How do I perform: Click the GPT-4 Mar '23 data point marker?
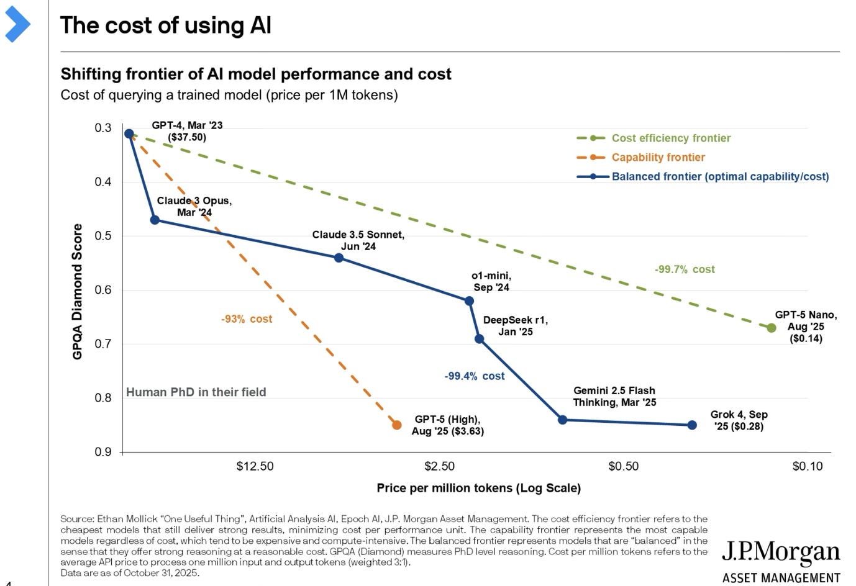pyautogui.click(x=129, y=133)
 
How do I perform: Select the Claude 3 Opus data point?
pyautogui.click(x=155, y=220)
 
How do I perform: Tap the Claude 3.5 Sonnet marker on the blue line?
pyautogui.click(x=339, y=258)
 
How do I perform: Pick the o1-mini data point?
pyautogui.click(x=469, y=301)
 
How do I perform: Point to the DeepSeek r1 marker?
pyautogui.click(x=479, y=339)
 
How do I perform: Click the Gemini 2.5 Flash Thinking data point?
pyautogui.click(x=563, y=420)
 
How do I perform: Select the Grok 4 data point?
pyautogui.click(x=692, y=425)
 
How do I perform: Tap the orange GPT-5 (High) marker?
pyautogui.click(x=397, y=425)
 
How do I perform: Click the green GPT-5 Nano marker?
pyautogui.click(x=772, y=328)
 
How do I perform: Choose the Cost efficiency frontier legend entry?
pyautogui.click(x=670, y=138)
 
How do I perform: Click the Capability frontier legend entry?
pyautogui.click(x=658, y=158)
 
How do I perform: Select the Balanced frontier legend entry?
pyautogui.click(x=719, y=177)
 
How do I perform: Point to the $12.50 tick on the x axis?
pyautogui.click(x=255, y=466)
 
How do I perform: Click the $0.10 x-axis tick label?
pyautogui.click(x=807, y=466)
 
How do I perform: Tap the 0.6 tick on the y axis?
pyautogui.click(x=103, y=290)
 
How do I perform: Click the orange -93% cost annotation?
pyautogui.click(x=247, y=319)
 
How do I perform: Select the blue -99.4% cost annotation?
pyautogui.click(x=475, y=376)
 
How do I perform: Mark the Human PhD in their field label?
pyautogui.click(x=196, y=392)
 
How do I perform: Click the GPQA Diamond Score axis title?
pyautogui.click(x=78, y=291)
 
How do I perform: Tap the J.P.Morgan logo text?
pyautogui.click(x=781, y=552)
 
